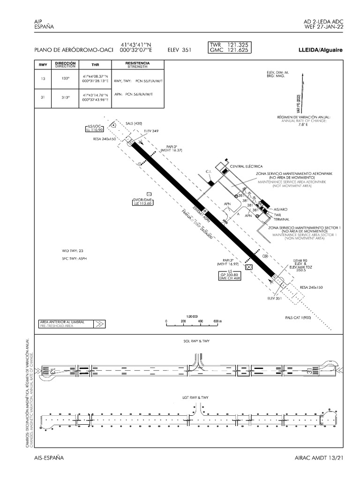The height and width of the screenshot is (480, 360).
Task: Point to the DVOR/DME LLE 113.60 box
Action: point(143,202)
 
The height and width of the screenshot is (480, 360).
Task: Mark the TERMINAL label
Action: point(281,219)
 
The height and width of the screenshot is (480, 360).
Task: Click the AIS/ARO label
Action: point(280,209)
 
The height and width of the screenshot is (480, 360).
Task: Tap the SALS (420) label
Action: point(134,123)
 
